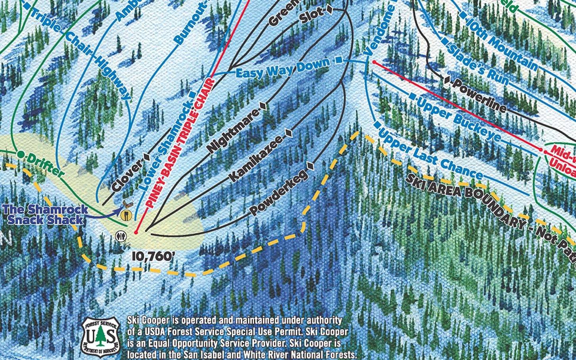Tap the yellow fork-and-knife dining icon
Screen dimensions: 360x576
click(x=126, y=216)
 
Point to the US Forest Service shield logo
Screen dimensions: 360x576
click(x=100, y=337)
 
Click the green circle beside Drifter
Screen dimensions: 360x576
click(x=20, y=154)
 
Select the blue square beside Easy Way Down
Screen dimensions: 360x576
click(x=339, y=60)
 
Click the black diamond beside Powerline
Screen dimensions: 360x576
click(x=447, y=80)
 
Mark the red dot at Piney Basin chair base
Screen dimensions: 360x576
click(x=136, y=232)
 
